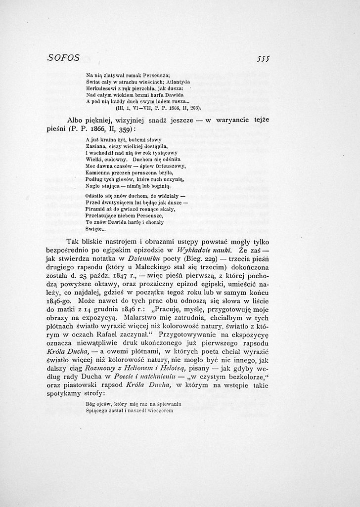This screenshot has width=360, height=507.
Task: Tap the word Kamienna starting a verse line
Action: pos(96,173)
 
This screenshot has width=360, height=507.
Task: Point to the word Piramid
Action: pos(94,209)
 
